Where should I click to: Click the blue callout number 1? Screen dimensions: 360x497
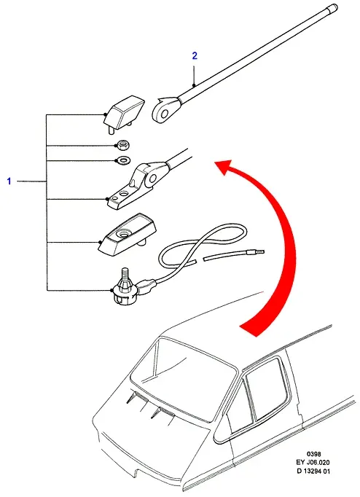tap(9, 181)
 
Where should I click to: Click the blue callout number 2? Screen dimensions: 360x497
tap(195, 56)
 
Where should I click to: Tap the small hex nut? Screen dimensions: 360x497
tap(122, 145)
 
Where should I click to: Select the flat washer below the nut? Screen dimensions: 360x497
tap(122, 160)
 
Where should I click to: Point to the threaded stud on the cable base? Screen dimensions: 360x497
tap(123, 274)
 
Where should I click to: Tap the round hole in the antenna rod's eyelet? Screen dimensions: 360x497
tap(164, 114)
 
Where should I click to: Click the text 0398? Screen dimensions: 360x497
tap(313, 454)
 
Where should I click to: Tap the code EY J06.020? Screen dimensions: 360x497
tap(313, 463)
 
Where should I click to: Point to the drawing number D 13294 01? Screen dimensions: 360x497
tap(313, 471)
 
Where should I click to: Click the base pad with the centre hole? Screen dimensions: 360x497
tap(128, 234)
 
